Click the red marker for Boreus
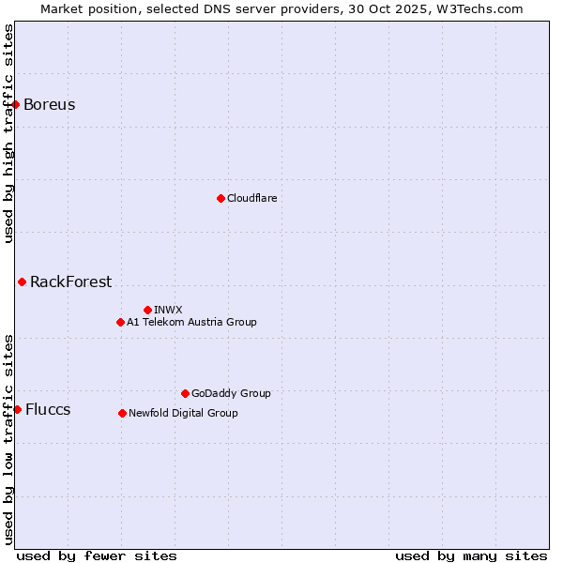(16, 104)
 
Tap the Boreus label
(50, 104)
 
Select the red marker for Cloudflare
(221, 198)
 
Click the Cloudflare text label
(251, 198)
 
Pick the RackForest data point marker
(22, 281)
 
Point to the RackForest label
(70, 281)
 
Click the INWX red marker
(147, 310)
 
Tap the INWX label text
(168, 310)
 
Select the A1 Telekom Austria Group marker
(120, 322)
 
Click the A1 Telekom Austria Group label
(191, 322)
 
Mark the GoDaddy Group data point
(185, 393)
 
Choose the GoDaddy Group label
(231, 393)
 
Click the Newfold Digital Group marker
(122, 413)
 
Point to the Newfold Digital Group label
(183, 413)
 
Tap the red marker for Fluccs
(17, 409)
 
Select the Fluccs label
(48, 409)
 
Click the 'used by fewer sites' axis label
(97, 555)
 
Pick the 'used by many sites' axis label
(471, 555)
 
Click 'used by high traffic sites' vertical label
(8, 133)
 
